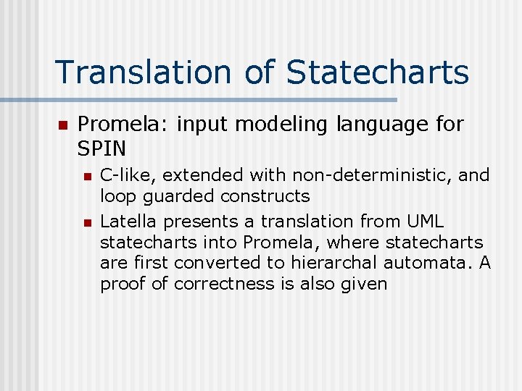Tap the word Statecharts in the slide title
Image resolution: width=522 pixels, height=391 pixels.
pyautogui.click(x=378, y=72)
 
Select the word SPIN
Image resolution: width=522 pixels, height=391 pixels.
pyautogui.click(x=101, y=148)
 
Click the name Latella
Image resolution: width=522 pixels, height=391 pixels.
pyautogui.click(x=126, y=220)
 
